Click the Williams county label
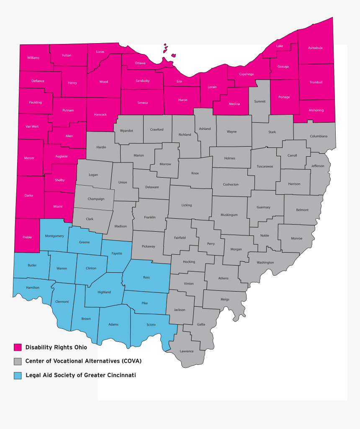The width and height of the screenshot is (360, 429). [x=33, y=58]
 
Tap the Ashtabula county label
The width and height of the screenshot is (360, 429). [x=315, y=48]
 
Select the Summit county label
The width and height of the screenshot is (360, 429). [x=260, y=101]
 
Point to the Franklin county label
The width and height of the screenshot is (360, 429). [x=150, y=217]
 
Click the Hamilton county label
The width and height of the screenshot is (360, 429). [x=33, y=287]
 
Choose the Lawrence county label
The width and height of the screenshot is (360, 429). [x=187, y=351]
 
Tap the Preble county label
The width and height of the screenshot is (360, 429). [x=27, y=237]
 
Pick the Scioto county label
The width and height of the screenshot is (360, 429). [x=151, y=325]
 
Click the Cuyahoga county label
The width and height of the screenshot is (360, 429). [x=246, y=74]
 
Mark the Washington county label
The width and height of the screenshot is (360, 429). [x=265, y=263]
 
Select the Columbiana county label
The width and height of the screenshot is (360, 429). [x=319, y=136]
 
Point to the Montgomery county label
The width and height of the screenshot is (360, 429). [x=54, y=236]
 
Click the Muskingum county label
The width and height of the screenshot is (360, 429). [x=229, y=215]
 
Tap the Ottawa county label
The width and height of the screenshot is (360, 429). [x=140, y=63]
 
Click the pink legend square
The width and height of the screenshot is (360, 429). [x=18, y=347]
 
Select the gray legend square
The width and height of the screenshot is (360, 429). [x=18, y=361]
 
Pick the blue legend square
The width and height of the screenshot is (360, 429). [x=18, y=375]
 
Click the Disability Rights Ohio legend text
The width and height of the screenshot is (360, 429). [x=56, y=347]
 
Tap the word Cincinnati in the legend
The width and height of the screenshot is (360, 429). [x=120, y=375]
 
